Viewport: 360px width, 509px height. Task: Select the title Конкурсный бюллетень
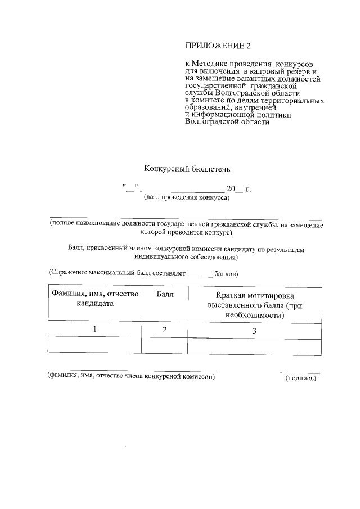[x=187, y=168]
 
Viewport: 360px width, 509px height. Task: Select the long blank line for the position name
[x=186, y=219]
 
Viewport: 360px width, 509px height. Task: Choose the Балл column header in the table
[x=165, y=294]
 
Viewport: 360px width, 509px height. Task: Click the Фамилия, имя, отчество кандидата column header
[x=95, y=299]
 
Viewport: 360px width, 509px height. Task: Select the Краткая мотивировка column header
[x=255, y=305]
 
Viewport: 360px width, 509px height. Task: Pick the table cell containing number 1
[x=94, y=330]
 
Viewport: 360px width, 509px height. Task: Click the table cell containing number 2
[x=165, y=330]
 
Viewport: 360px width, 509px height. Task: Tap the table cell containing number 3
[x=254, y=331]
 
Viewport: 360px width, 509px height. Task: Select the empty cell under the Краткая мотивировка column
[x=254, y=345]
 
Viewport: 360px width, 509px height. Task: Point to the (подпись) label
[x=301, y=378]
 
